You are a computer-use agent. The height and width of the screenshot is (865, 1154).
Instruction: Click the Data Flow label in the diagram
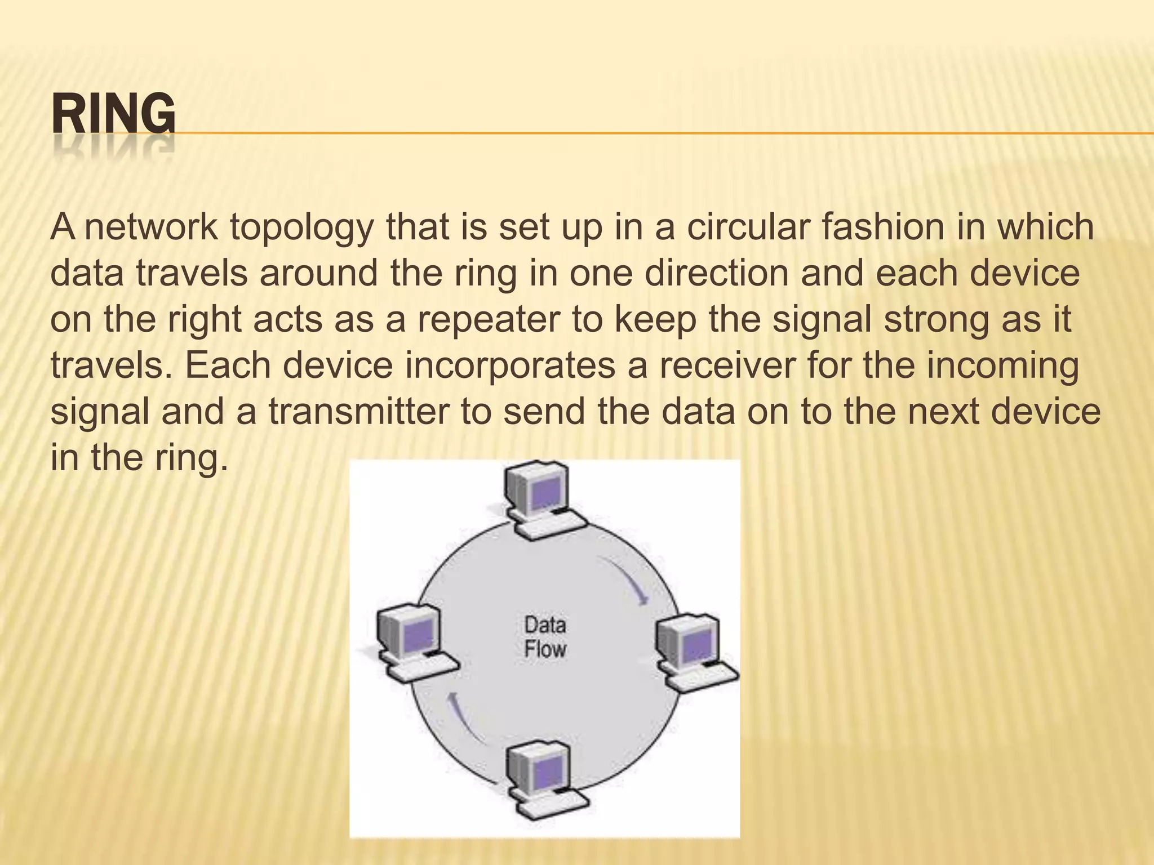pyautogui.click(x=545, y=637)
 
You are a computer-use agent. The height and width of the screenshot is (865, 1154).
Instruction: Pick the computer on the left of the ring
pyautogui.click(x=414, y=642)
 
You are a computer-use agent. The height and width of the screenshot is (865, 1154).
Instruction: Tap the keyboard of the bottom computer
pyautogui.click(x=555, y=808)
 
